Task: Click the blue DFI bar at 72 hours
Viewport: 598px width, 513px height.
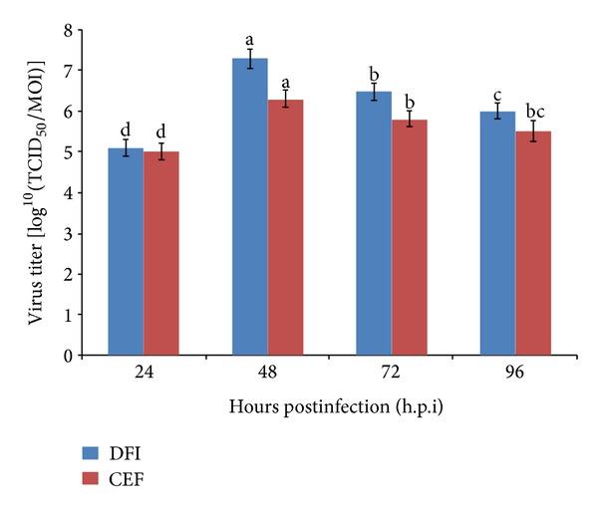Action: [375, 223]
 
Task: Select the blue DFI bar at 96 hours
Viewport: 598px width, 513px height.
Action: [498, 233]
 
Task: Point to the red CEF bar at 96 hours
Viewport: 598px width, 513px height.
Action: [534, 243]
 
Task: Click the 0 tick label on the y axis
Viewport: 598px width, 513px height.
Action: [66, 356]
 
